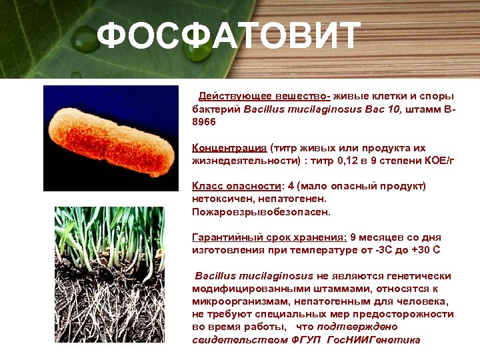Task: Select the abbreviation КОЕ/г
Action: click(433, 161)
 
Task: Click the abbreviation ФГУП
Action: click(305, 340)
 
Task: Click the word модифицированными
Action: click(244, 289)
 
